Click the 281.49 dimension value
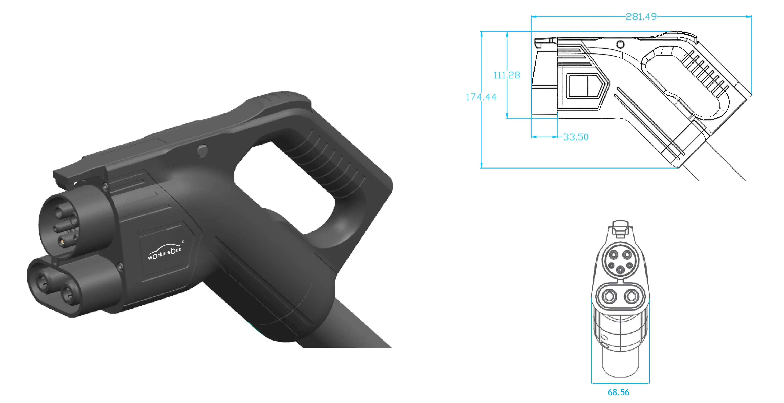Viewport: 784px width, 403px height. [641, 17]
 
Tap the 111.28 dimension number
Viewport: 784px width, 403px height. [507, 75]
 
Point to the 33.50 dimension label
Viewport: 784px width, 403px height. [575, 137]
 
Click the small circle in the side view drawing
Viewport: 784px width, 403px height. [620, 45]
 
